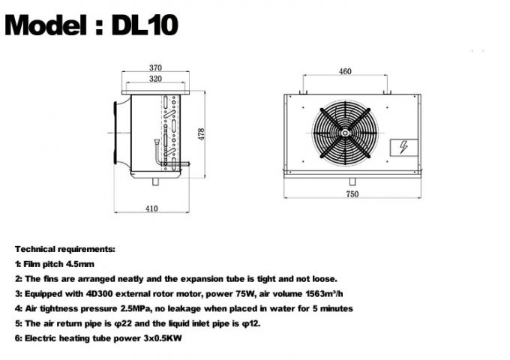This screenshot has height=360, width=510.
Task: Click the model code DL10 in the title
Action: (x=145, y=26)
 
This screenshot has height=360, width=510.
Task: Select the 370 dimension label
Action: (x=155, y=67)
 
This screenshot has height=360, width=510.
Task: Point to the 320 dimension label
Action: (x=155, y=78)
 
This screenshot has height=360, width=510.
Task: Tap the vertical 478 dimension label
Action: (x=201, y=133)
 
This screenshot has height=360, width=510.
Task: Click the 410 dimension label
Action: (x=151, y=209)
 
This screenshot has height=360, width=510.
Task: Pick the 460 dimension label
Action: (x=344, y=72)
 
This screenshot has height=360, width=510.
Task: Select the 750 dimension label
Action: (x=352, y=194)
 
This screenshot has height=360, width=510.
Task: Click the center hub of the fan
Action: (x=344, y=133)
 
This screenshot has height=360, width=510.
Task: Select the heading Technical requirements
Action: (x=65, y=247)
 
